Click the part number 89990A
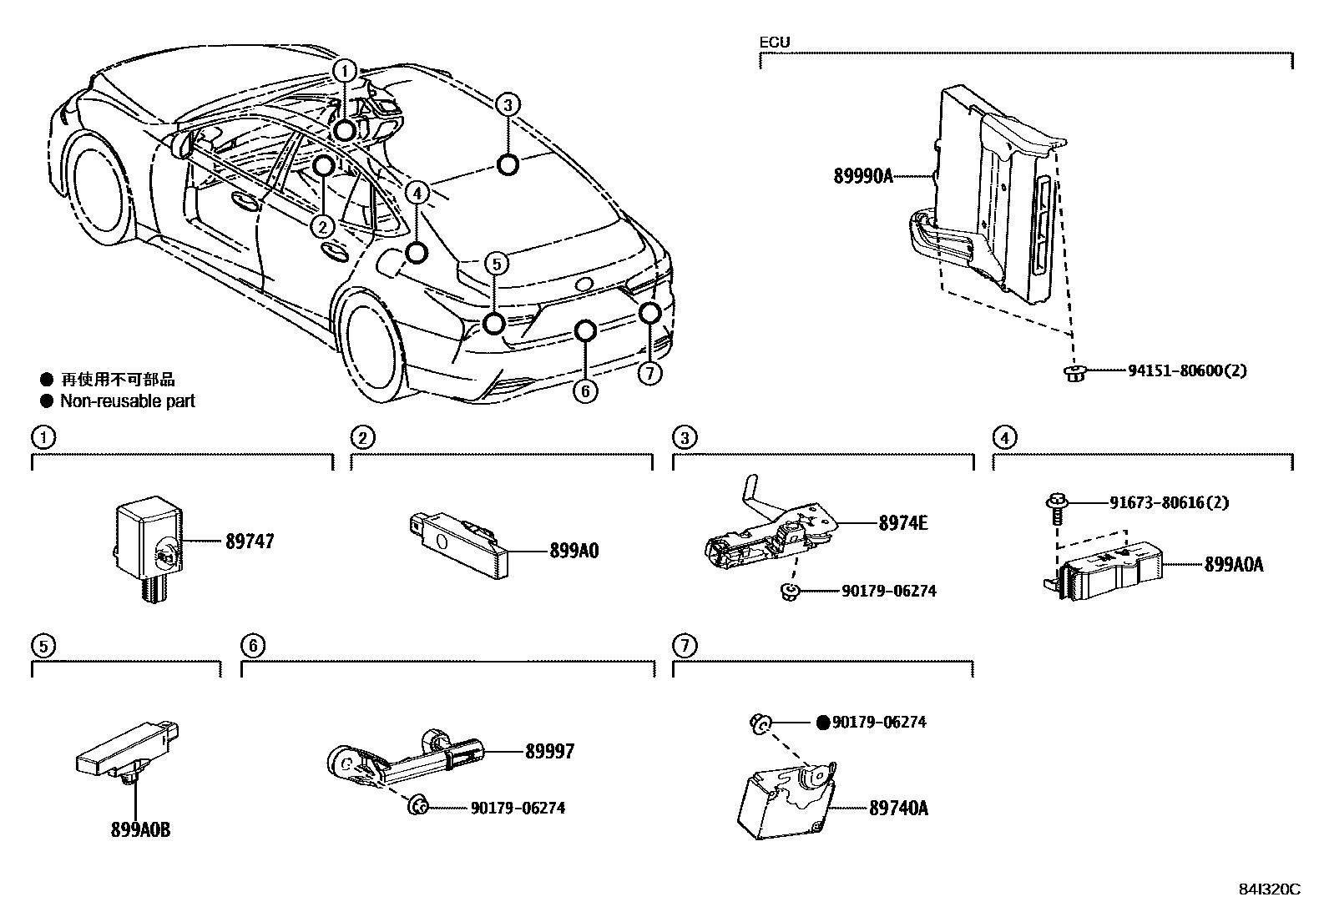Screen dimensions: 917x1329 pyautogui.click(x=863, y=176)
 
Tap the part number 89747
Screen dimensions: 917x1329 pyautogui.click(x=250, y=542)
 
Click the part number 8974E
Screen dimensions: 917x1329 pyautogui.click(x=902, y=523)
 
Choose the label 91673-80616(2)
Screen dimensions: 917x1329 pyautogui.click(x=1169, y=502)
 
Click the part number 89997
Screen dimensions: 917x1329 pyautogui.click(x=549, y=752)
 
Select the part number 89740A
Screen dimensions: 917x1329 pyautogui.click(x=898, y=808)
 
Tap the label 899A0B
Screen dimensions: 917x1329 pyautogui.click(x=140, y=829)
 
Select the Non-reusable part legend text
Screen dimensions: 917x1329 pyautogui.click(x=127, y=401)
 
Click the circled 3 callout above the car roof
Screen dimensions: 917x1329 pyautogui.click(x=508, y=105)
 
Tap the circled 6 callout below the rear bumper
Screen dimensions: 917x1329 pyautogui.click(x=585, y=390)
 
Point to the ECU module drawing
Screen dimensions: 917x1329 pyautogui.click(x=993, y=196)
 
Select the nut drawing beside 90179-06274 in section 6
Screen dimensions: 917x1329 pyautogui.click(x=417, y=806)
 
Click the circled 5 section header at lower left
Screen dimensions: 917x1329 pyautogui.click(x=43, y=645)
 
